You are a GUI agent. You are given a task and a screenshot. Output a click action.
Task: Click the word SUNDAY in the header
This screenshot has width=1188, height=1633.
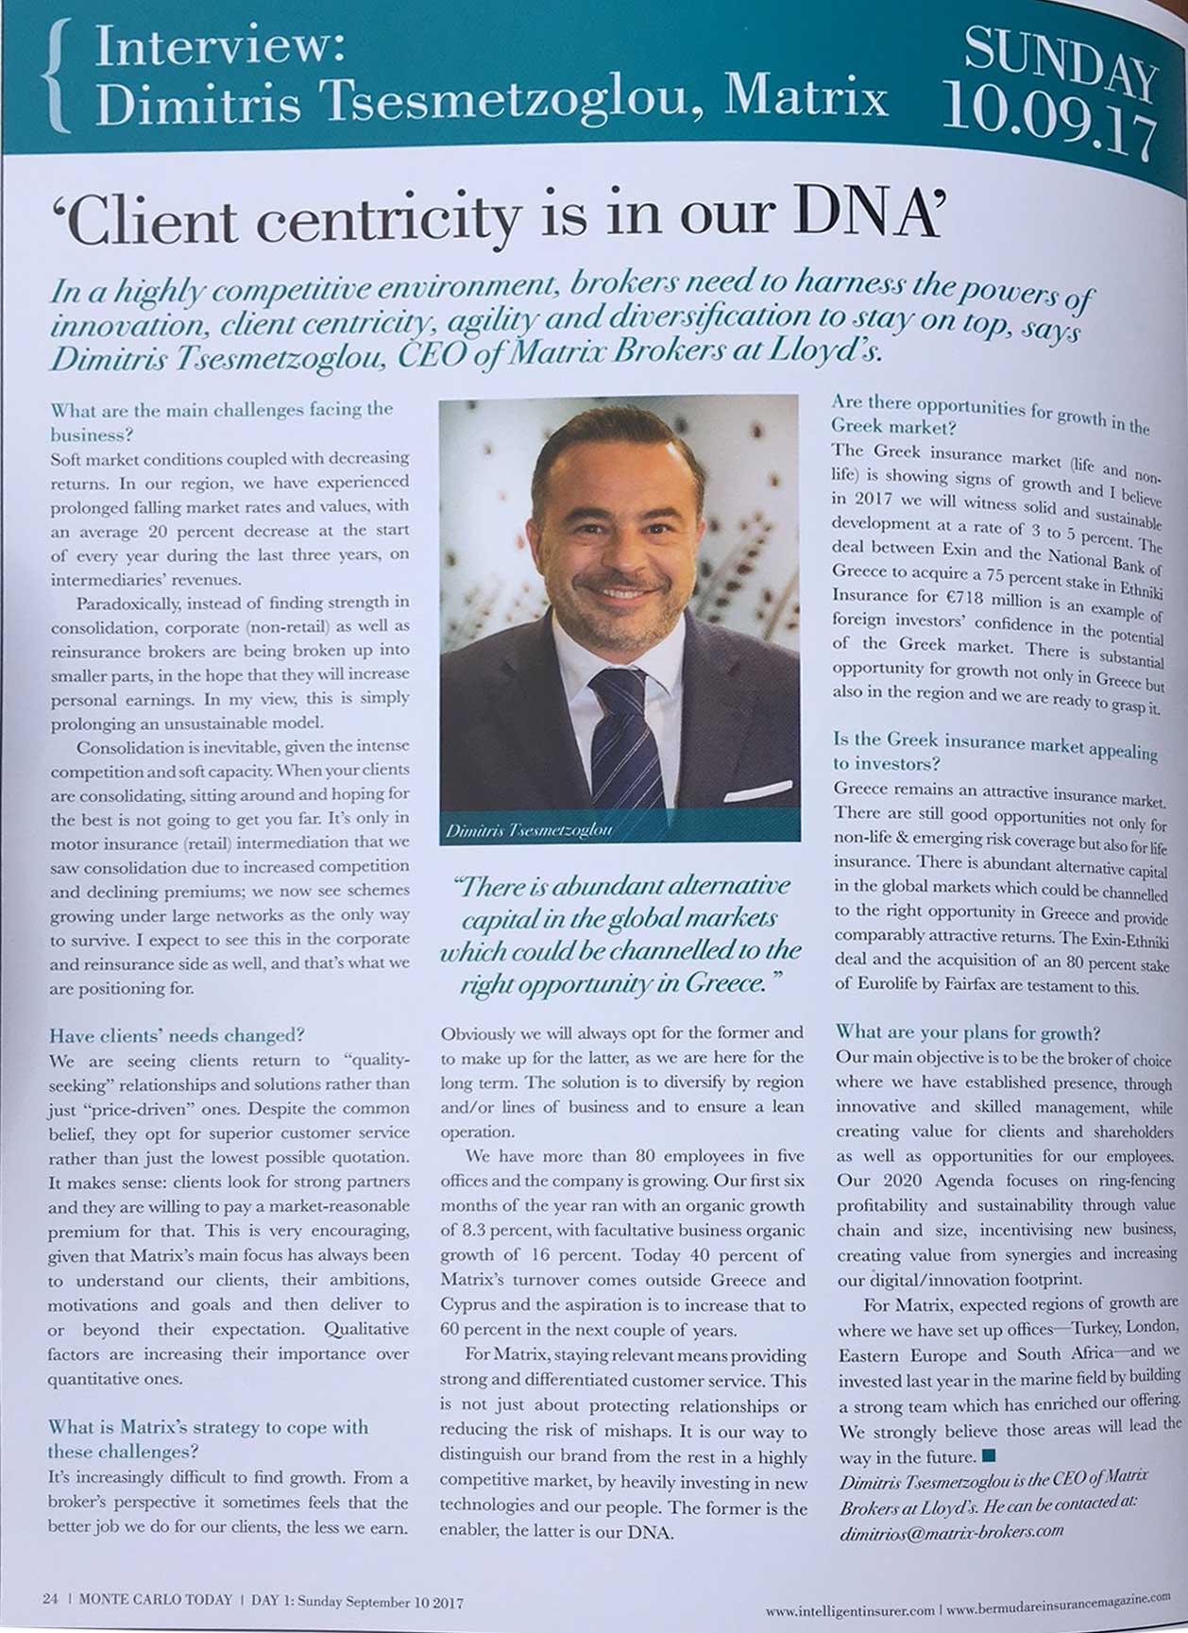1060,62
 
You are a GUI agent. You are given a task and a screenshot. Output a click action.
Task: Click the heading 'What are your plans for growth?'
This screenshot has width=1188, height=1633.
968,1031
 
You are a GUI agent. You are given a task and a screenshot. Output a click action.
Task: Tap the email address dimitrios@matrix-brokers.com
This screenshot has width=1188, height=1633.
952,1534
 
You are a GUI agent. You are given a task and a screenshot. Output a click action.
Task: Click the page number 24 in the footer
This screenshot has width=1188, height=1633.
50,1599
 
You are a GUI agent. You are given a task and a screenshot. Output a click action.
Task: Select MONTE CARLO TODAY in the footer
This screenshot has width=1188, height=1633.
156,1599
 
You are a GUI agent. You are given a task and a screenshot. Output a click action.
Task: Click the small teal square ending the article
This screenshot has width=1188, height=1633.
989,1456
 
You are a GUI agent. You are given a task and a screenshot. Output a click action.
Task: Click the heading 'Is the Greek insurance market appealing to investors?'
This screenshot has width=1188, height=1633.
994,751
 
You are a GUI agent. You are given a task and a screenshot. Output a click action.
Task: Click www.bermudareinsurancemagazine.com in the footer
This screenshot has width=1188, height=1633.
1059,1602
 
